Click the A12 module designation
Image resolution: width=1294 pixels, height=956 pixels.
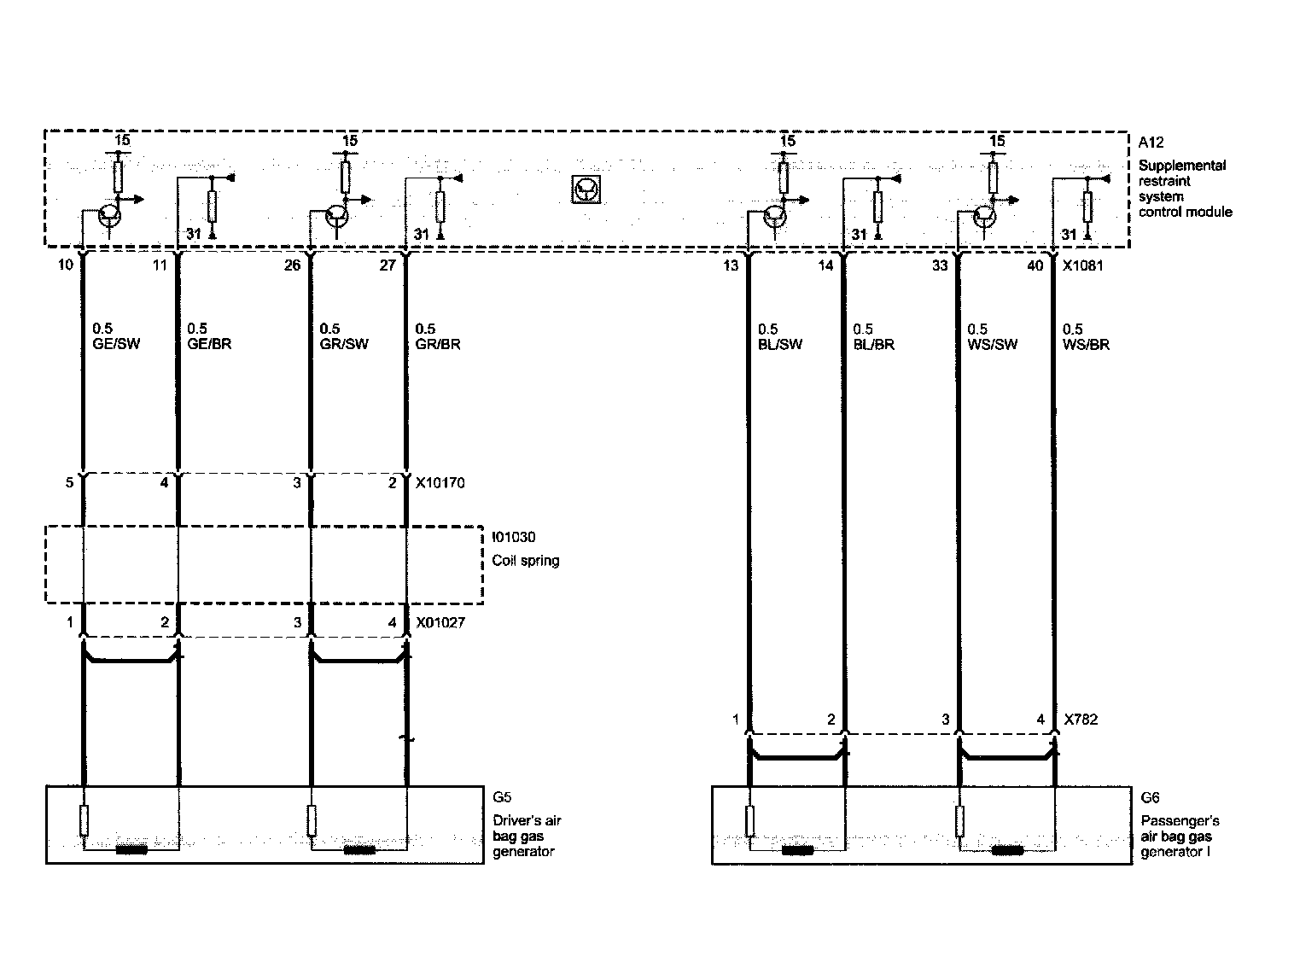click(x=1151, y=143)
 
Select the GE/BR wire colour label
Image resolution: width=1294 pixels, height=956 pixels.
click(x=208, y=345)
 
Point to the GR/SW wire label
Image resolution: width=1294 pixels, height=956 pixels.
click(x=343, y=345)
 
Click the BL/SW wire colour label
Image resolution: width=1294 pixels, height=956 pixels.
click(x=779, y=345)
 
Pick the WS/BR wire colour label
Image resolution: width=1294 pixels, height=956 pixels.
click(x=1087, y=345)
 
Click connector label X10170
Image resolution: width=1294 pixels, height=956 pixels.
click(x=440, y=483)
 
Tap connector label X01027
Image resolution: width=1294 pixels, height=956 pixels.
click(x=440, y=623)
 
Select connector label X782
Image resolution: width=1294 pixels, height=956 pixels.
click(x=1081, y=720)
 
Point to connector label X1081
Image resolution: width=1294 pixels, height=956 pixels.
click(x=1082, y=265)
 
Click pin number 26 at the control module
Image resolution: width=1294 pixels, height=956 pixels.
click(x=293, y=265)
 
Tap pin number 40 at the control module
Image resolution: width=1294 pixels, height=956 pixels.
click(x=1035, y=265)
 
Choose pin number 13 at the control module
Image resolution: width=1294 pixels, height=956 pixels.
click(x=731, y=265)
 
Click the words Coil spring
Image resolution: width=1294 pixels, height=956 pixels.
click(x=526, y=561)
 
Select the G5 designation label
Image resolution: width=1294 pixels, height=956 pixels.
click(x=502, y=797)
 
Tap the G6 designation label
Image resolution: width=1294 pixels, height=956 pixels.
click(x=1150, y=797)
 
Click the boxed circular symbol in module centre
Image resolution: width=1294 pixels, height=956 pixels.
click(x=586, y=189)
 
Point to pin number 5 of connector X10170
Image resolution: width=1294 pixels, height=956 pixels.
click(x=69, y=483)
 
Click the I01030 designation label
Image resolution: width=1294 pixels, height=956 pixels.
click(x=515, y=538)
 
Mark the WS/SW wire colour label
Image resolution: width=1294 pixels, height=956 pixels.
click(x=992, y=345)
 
